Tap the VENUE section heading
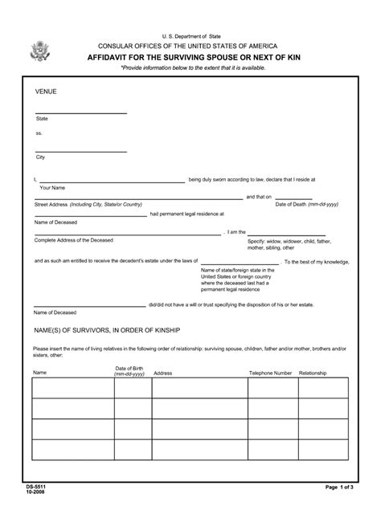click(x=45, y=92)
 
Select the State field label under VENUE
click(x=42, y=119)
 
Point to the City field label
click(x=40, y=157)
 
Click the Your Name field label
click(x=52, y=187)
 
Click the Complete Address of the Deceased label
click(x=74, y=240)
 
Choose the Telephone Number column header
click(x=270, y=373)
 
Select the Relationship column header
click(x=313, y=373)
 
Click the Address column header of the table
click(x=163, y=373)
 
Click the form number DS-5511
click(x=35, y=487)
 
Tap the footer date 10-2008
click(x=34, y=492)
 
